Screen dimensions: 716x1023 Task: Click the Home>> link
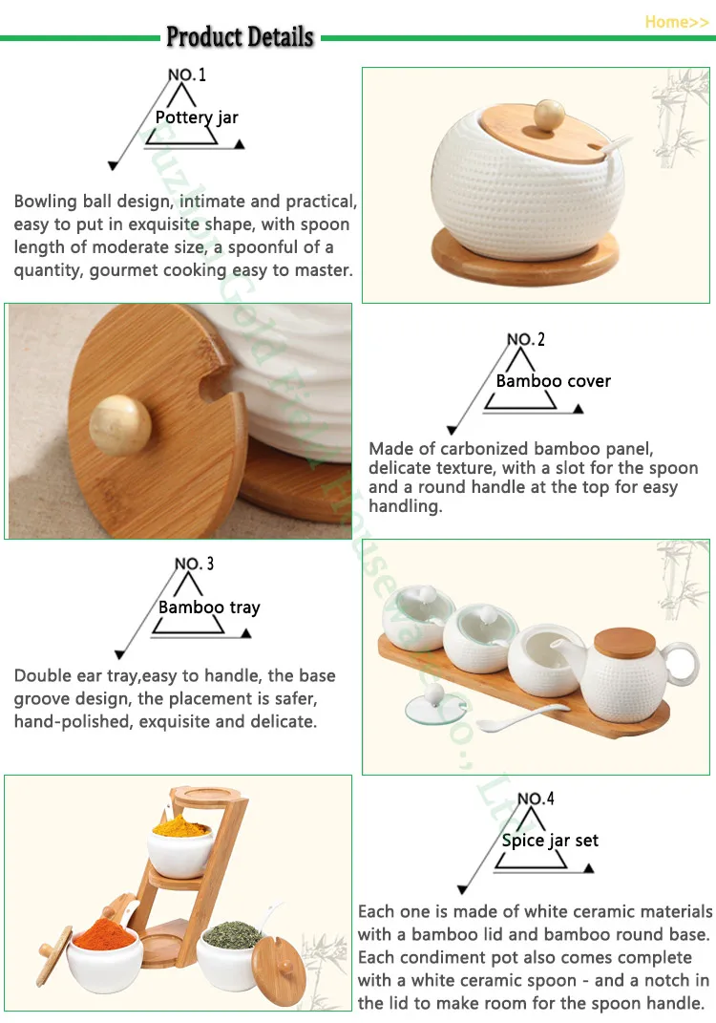coord(676,22)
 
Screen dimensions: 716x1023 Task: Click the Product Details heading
coord(240,36)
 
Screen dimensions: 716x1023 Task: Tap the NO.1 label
coord(187,75)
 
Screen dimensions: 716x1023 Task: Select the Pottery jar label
coord(197,117)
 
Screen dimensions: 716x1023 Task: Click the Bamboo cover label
coord(553,381)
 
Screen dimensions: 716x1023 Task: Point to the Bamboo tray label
coord(209,607)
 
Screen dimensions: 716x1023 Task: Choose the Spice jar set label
coord(550,841)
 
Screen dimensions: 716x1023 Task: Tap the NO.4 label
coord(536,799)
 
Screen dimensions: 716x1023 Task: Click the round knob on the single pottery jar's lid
coord(549,114)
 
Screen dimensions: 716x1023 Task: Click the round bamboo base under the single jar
coord(526,255)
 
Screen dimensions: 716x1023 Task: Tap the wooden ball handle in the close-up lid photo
coord(120,424)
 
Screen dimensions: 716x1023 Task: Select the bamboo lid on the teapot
coord(624,643)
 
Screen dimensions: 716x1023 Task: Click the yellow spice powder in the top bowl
coord(180,824)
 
